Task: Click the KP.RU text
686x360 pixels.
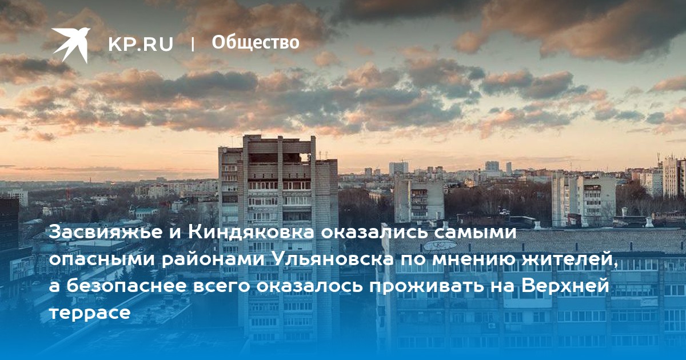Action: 141,44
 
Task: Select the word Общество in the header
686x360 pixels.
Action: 256,42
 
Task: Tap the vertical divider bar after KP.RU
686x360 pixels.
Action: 193,45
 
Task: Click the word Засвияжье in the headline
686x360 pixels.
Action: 106,233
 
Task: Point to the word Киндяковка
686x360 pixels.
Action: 251,232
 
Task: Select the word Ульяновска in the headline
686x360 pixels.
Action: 333,259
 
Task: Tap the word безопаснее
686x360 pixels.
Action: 126,286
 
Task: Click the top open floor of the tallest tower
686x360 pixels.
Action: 280,157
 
